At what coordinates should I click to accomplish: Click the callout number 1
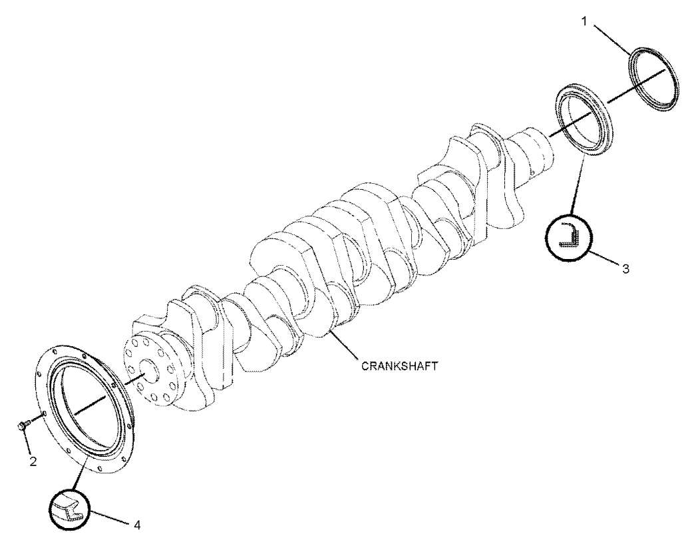click(584, 21)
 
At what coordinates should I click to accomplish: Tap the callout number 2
click(33, 461)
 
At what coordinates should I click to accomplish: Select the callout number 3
click(625, 268)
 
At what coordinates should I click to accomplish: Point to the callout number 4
click(137, 525)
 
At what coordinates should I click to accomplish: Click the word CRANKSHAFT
click(399, 366)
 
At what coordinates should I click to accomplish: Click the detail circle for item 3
click(569, 238)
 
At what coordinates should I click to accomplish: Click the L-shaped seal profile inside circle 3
click(568, 234)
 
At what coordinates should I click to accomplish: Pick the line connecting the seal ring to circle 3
click(578, 186)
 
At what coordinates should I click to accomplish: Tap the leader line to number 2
click(27, 443)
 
